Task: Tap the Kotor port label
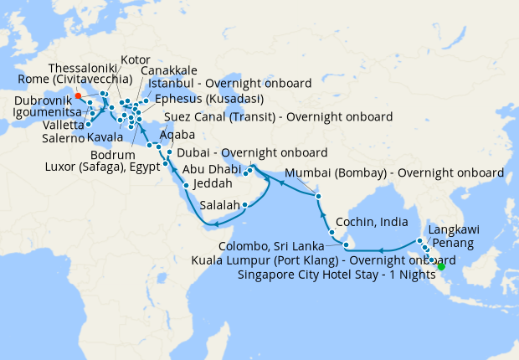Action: pyautogui.click(x=135, y=60)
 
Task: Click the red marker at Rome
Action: pyautogui.click(x=78, y=95)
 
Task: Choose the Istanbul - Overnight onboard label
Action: pyautogui.click(x=229, y=83)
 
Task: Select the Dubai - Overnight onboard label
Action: pyautogui.click(x=252, y=153)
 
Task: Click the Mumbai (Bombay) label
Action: pyautogui.click(x=395, y=173)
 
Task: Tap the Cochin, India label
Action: pyautogui.click(x=373, y=223)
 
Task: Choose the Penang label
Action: pyautogui.click(x=452, y=244)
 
